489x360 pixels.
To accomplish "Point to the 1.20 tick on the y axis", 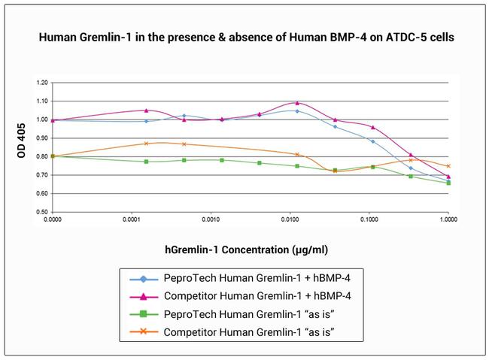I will click(x=42, y=83).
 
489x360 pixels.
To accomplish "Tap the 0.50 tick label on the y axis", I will click(x=42, y=212).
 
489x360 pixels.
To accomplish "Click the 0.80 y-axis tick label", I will click(x=42, y=156).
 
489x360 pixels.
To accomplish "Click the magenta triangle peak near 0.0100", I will click(x=297, y=103).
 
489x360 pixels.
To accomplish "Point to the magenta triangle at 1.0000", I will click(x=448, y=177).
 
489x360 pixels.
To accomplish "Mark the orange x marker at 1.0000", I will click(x=448, y=166).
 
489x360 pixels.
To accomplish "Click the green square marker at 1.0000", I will click(x=448, y=183).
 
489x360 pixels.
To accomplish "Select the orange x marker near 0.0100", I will click(x=297, y=155).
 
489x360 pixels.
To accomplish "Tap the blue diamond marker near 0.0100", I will click(x=297, y=111).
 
